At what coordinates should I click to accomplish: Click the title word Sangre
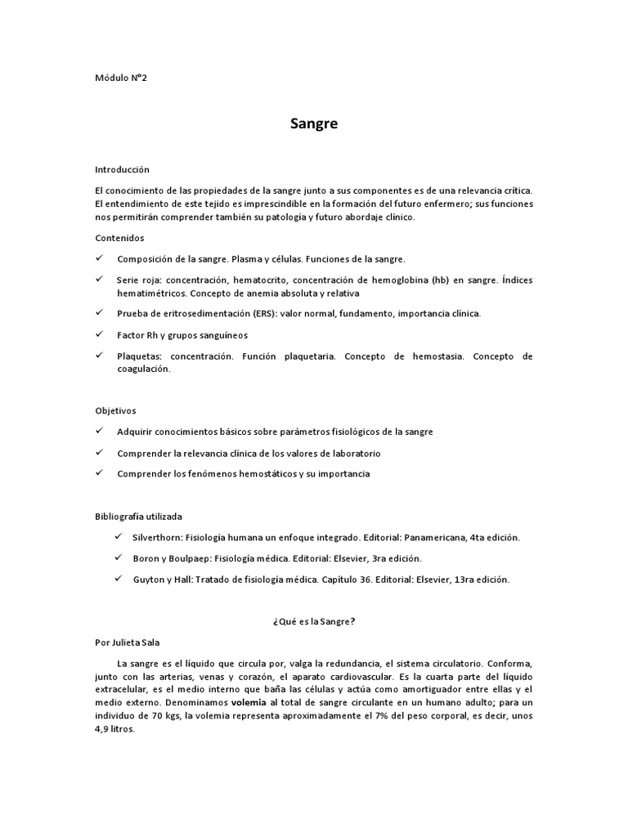(314, 125)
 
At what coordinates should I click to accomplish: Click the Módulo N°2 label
(122, 78)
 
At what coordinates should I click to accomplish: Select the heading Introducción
(122, 170)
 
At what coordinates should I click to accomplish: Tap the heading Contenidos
(119, 238)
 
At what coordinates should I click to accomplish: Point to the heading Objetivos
(116, 410)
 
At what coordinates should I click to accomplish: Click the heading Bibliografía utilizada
(139, 517)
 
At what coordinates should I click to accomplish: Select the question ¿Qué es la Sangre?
(314, 621)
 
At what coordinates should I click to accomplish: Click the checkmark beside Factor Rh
(99, 334)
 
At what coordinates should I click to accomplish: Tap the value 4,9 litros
(114, 730)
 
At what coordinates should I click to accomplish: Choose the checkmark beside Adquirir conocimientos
(99, 431)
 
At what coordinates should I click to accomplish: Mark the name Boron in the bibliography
(147, 558)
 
